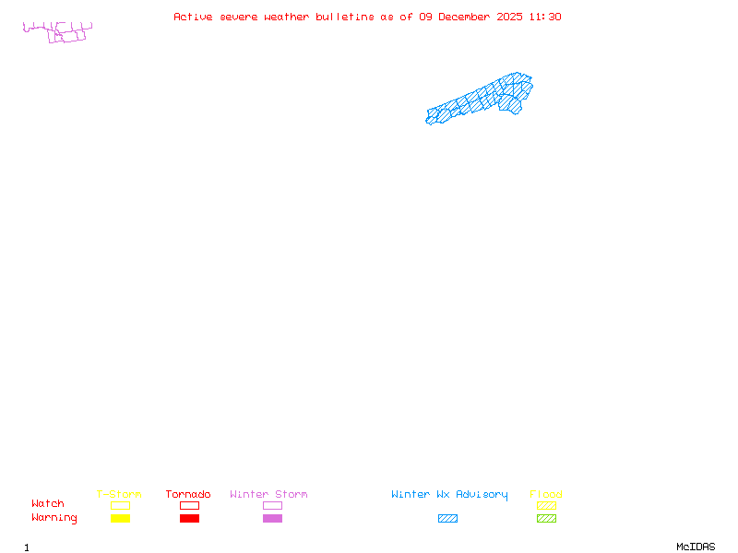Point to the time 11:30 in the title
(x=545, y=17)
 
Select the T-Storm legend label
(x=119, y=495)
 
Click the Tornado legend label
(x=188, y=495)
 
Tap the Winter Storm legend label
(x=268, y=495)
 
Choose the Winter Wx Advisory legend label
(x=449, y=495)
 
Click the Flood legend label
(x=546, y=495)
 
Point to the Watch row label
(x=48, y=504)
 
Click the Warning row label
(x=54, y=518)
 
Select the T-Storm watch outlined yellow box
(x=120, y=505)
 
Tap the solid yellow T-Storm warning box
(x=120, y=519)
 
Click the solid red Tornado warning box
(x=189, y=519)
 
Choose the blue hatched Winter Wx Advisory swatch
(x=447, y=519)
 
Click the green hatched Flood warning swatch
(x=546, y=519)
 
